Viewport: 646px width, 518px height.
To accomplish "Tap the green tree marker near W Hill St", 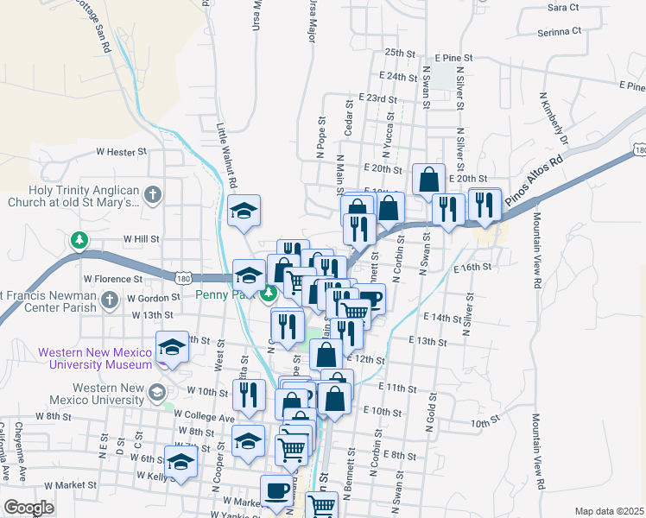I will pos(79,238).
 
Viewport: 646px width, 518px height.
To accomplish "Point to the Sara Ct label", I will pos(562,7).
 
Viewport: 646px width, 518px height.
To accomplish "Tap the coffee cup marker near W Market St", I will pos(276,490).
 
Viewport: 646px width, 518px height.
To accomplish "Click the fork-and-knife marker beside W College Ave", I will pos(248,395).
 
